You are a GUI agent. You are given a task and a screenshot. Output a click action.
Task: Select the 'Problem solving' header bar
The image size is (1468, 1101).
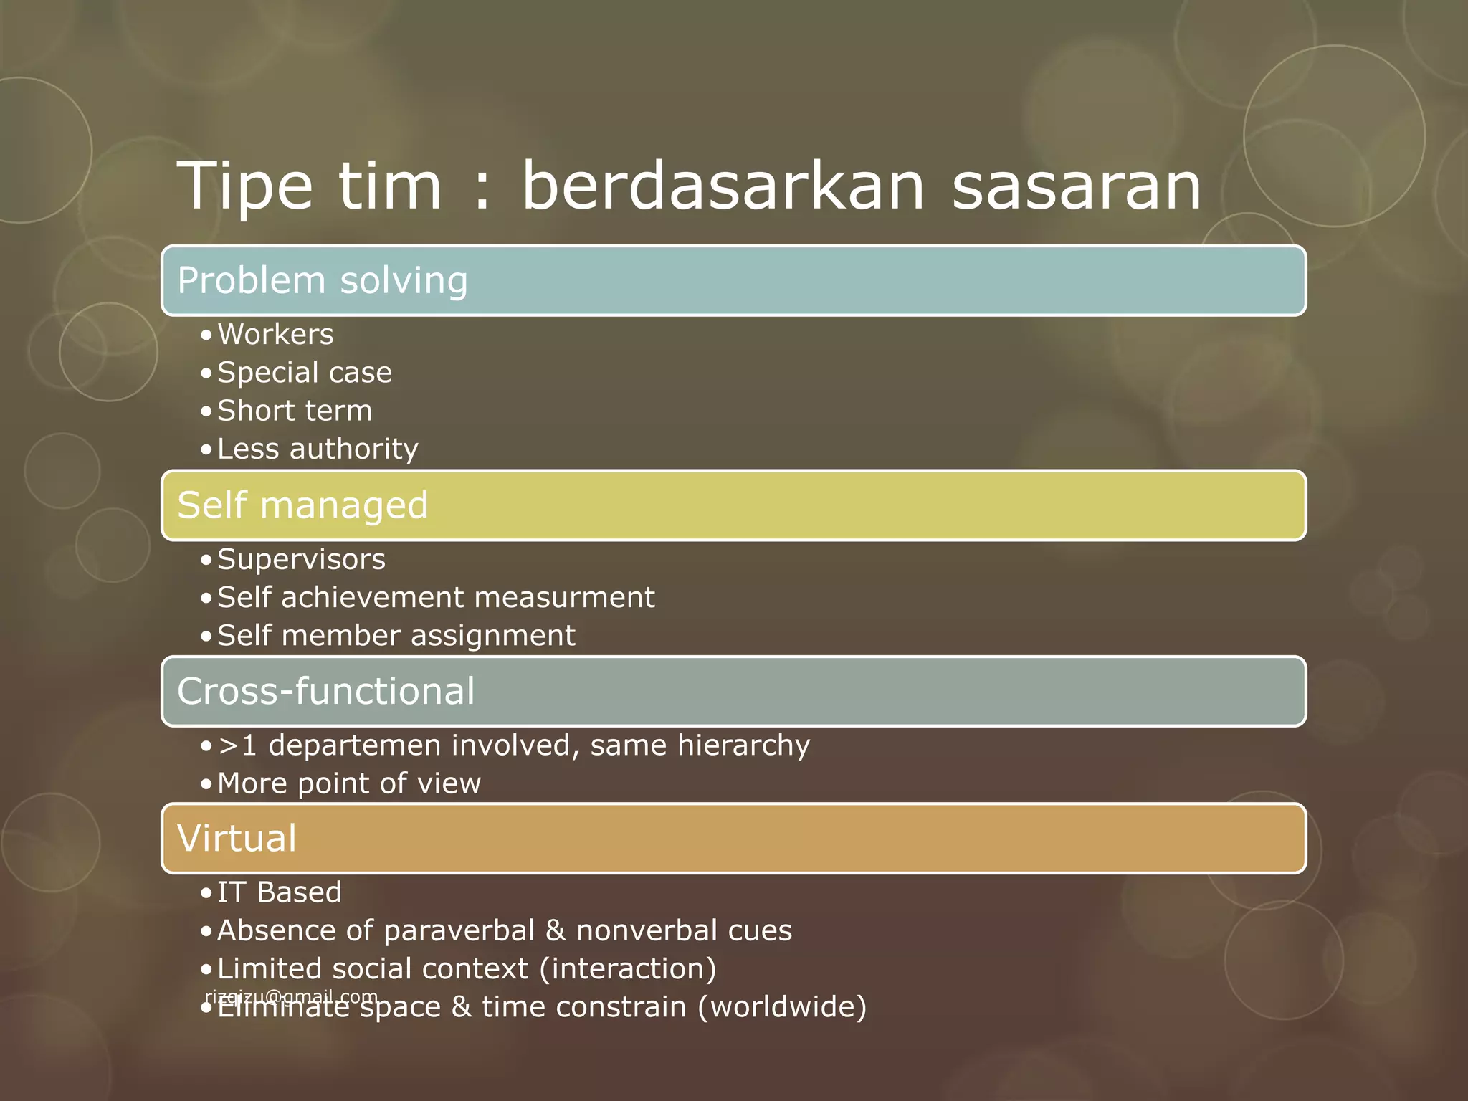pos(733,280)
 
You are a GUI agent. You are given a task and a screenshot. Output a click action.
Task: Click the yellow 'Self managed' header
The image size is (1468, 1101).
pos(733,505)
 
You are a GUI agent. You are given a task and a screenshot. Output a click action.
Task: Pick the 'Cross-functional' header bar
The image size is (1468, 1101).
pos(733,691)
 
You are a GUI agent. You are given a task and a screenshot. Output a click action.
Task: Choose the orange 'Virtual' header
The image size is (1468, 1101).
pos(733,838)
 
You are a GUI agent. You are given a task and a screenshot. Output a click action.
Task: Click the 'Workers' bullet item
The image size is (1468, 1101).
pos(275,335)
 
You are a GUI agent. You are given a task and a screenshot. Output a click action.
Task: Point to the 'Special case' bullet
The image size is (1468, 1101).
pos(304,373)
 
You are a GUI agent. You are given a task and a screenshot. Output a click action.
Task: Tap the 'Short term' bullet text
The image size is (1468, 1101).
pos(295,411)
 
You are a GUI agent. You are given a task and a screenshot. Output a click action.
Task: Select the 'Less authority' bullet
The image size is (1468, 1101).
pos(318,449)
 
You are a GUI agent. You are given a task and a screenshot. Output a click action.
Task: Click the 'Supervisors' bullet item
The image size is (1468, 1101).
pos(301,560)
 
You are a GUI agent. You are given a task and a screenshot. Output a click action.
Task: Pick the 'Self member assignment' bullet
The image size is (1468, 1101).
pos(396,636)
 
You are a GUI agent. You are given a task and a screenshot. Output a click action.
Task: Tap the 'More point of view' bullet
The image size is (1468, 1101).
pos(348,783)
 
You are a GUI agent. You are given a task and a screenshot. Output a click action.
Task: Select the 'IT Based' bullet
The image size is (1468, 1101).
pos(279,893)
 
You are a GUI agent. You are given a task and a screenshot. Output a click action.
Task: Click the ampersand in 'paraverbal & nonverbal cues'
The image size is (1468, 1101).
pos(555,931)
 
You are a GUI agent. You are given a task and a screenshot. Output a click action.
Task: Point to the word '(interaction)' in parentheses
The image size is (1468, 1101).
pos(627,969)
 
